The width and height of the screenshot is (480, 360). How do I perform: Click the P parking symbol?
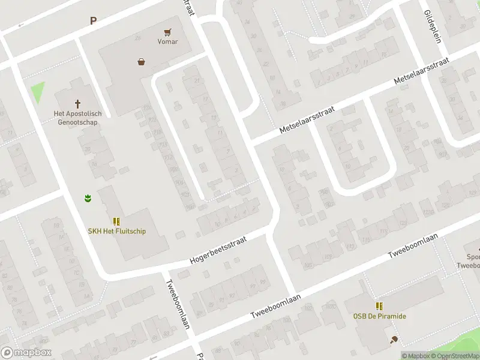93,21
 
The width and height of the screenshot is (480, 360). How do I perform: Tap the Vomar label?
167,42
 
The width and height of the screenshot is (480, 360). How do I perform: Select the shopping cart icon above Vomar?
167,32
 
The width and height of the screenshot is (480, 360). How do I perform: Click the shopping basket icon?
142,61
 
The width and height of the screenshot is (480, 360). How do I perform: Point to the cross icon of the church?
77,104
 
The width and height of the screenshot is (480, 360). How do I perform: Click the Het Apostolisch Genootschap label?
78,118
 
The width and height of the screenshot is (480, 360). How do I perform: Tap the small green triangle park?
38,92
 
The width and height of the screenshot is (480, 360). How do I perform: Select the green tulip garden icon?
88,197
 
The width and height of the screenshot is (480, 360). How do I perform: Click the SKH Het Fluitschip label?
117,231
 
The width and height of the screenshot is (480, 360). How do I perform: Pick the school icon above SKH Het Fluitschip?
116,221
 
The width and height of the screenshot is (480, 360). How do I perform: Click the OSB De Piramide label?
379,316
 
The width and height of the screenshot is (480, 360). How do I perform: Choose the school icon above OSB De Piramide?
379,307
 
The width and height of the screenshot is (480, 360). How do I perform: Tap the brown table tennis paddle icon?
394,340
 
